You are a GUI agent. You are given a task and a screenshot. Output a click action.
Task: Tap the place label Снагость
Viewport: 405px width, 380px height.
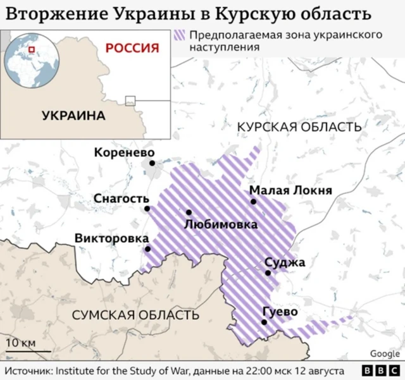pyautogui.click(x=121, y=199)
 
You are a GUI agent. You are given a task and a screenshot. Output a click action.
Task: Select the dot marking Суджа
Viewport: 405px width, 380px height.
pyautogui.click(x=268, y=273)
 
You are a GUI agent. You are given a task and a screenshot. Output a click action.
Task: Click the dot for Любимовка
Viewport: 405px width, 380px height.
pyautogui.click(x=189, y=212)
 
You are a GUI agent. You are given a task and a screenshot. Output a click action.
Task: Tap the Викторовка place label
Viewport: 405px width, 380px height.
pyautogui.click(x=111, y=238)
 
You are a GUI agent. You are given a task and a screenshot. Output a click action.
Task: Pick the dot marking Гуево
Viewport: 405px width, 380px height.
pyautogui.click(x=264, y=322)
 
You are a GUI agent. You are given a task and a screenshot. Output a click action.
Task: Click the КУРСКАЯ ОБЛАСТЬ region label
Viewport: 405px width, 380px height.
pyautogui.click(x=299, y=128)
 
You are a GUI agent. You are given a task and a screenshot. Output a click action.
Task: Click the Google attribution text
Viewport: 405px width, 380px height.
pyautogui.click(x=385, y=353)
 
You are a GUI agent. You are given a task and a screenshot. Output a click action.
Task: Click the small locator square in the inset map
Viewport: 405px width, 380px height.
pyautogui.click(x=130, y=100)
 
